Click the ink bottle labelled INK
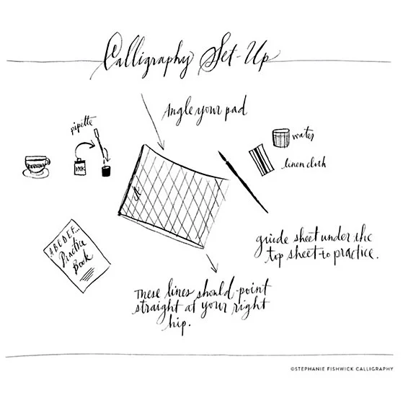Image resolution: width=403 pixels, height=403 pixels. (x=80, y=165)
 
